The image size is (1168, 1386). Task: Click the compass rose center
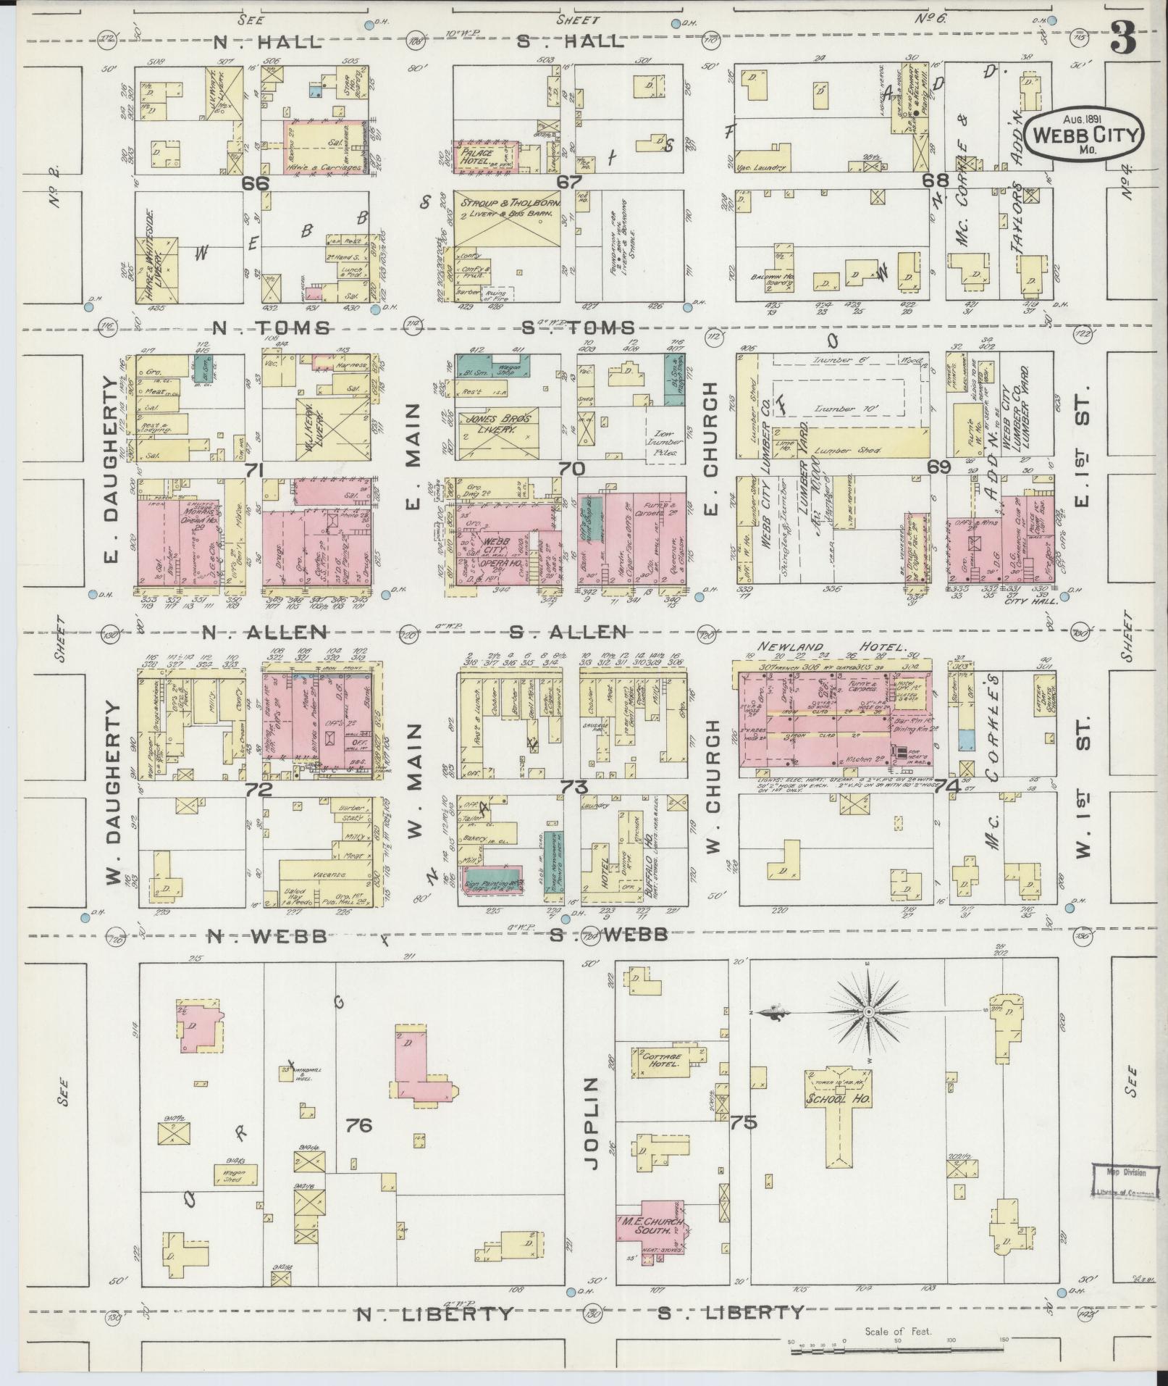pyautogui.click(x=867, y=1011)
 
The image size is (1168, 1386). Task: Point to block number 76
pyautogui.click(x=359, y=1125)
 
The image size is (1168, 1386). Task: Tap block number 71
pyautogui.click(x=253, y=471)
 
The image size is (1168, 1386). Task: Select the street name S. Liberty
pyautogui.click(x=731, y=1312)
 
